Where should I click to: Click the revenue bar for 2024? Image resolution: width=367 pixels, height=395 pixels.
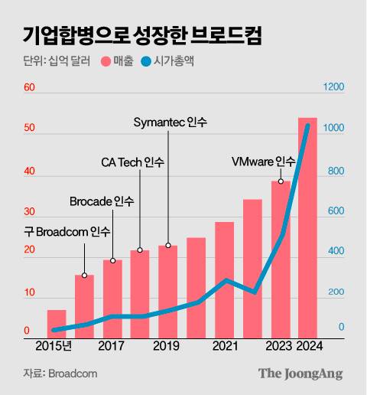(307, 230)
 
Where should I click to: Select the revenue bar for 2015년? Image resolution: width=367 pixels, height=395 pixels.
(57, 323)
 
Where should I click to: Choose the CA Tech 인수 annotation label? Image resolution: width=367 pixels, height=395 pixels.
(132, 162)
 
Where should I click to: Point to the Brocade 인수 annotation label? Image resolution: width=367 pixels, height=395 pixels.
(102, 201)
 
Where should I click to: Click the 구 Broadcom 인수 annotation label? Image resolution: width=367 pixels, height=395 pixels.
(62, 231)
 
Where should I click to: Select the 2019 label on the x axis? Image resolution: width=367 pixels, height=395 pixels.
(167, 346)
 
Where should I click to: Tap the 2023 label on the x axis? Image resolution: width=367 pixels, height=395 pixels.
(279, 346)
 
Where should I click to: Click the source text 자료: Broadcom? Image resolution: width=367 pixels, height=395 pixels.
(60, 374)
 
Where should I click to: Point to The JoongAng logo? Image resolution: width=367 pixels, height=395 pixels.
(300, 374)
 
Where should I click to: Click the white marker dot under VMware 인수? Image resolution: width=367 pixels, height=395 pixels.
(281, 181)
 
